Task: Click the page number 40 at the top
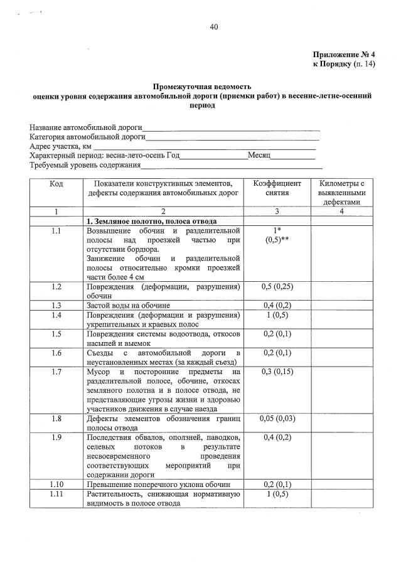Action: (214, 26)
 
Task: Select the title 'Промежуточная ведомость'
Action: (201, 87)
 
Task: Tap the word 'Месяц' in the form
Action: (259, 155)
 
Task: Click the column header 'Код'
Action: (56, 183)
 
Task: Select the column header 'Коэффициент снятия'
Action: (277, 188)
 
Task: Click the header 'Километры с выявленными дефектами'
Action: (341, 193)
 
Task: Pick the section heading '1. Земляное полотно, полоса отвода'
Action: (151, 222)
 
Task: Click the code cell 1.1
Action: (56, 231)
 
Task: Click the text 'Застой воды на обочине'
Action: (126, 304)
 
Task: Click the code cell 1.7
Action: (56, 372)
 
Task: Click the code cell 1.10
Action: (56, 485)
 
